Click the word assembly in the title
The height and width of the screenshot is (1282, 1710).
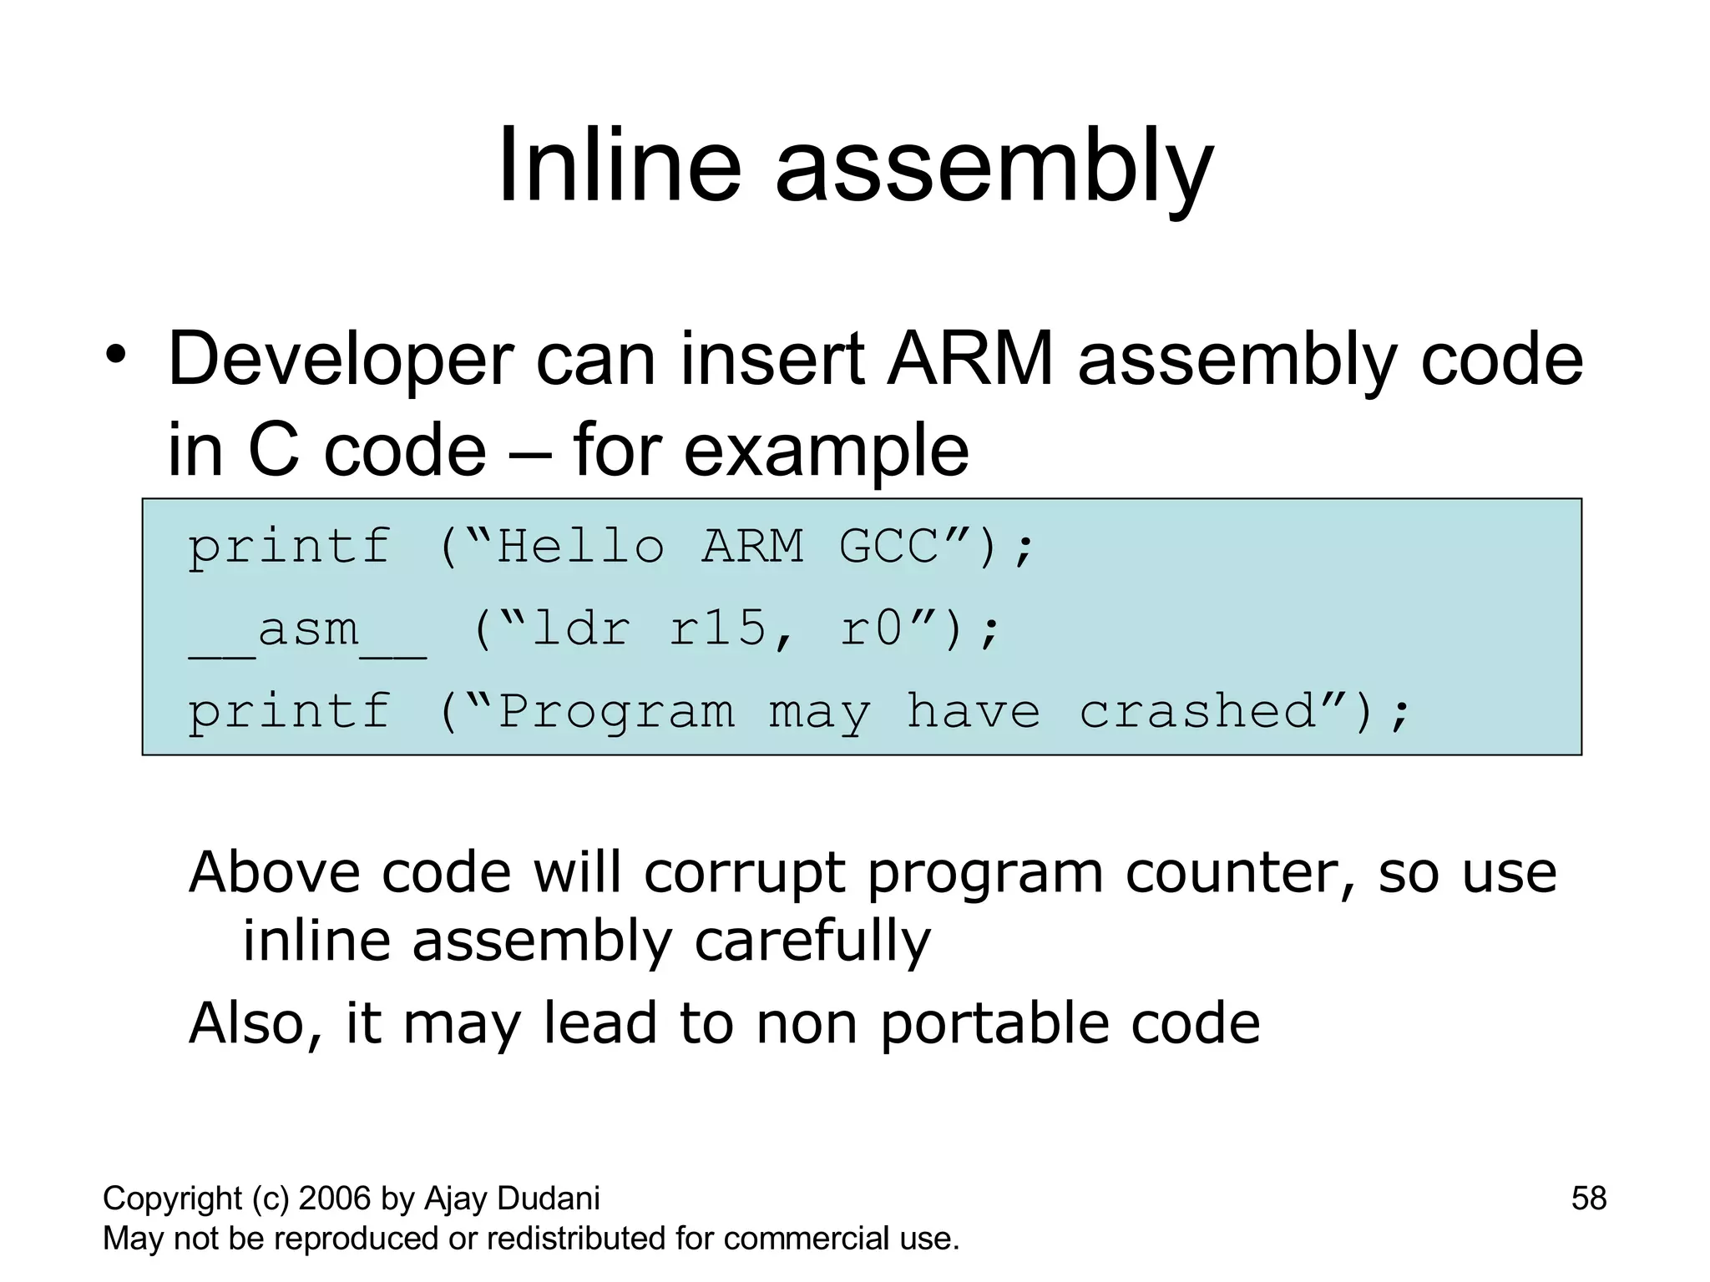tap(994, 171)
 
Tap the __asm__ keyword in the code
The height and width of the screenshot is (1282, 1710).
tap(307, 630)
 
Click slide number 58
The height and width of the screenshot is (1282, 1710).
tap(1588, 1199)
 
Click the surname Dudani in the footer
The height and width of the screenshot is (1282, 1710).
tap(548, 1199)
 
